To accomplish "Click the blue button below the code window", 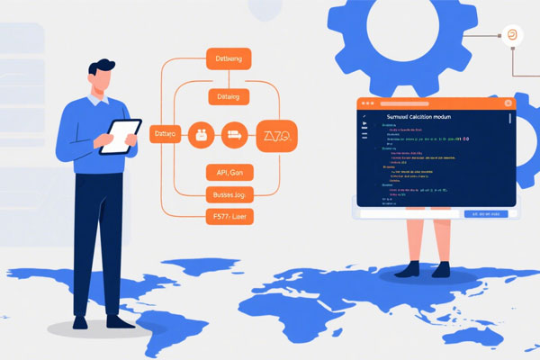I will tap(486, 214).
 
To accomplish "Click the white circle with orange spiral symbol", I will tap(511, 34).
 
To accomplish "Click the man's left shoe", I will tap(80, 321).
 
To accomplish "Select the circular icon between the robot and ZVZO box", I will tap(234, 135).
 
